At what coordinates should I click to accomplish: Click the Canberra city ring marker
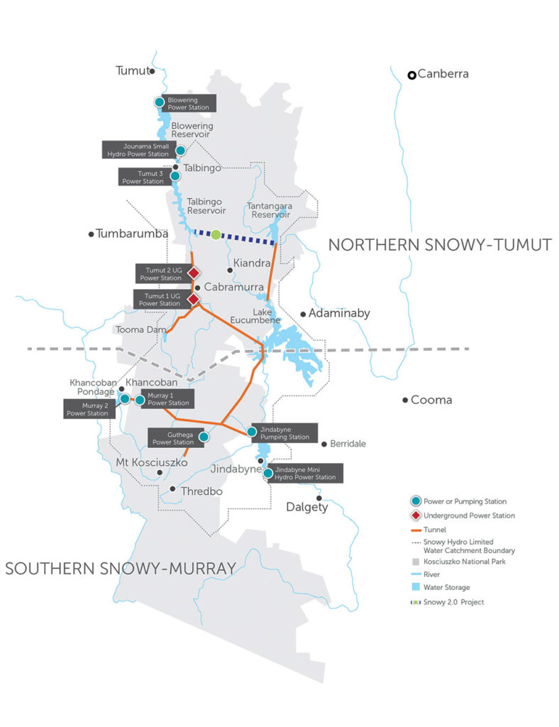pyautogui.click(x=411, y=75)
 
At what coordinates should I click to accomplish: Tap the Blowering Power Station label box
pyautogui.click(x=189, y=104)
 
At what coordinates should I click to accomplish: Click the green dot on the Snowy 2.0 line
pyautogui.click(x=216, y=234)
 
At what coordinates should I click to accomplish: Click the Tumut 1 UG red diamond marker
pyautogui.click(x=192, y=300)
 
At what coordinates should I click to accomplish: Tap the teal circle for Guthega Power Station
pyautogui.click(x=204, y=437)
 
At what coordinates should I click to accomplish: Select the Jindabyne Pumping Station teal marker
pyautogui.click(x=251, y=431)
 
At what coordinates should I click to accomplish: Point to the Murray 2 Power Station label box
pyautogui.click(x=86, y=410)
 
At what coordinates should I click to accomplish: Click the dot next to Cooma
pyautogui.click(x=405, y=400)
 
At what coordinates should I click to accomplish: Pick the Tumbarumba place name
pyautogui.click(x=131, y=234)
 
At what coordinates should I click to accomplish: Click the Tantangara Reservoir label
pyautogui.click(x=269, y=209)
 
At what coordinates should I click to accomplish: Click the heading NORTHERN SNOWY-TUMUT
pyautogui.click(x=439, y=245)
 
